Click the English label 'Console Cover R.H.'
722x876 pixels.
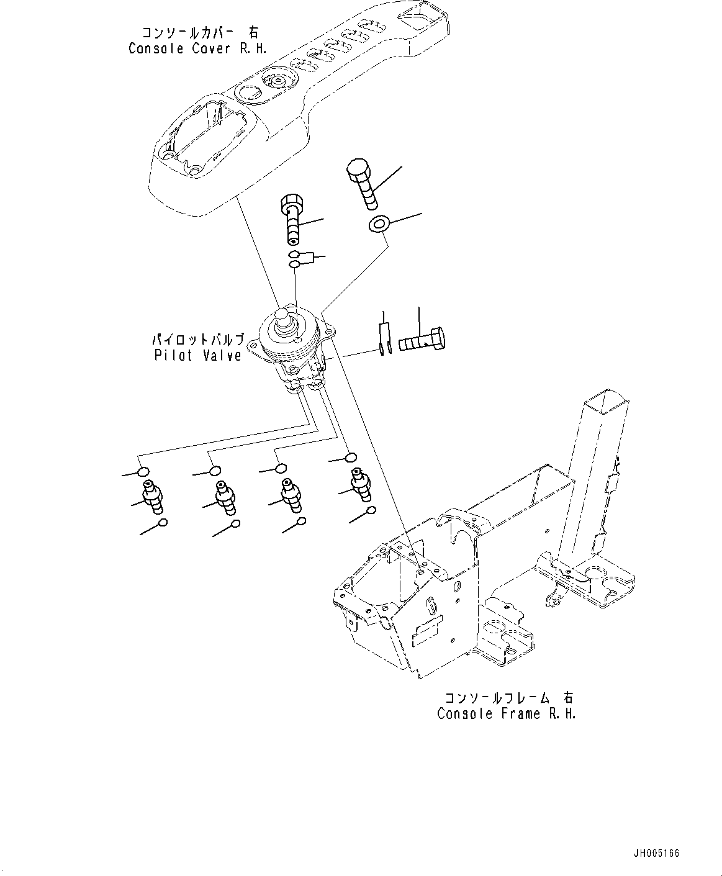point(197,48)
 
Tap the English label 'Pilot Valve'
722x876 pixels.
point(197,356)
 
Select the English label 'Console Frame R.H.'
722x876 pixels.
point(506,713)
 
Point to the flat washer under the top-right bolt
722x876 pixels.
point(377,224)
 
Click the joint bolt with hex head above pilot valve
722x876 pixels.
point(294,219)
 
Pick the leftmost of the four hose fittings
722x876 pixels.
point(153,496)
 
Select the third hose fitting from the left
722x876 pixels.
point(290,494)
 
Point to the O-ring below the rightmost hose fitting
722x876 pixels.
point(371,511)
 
